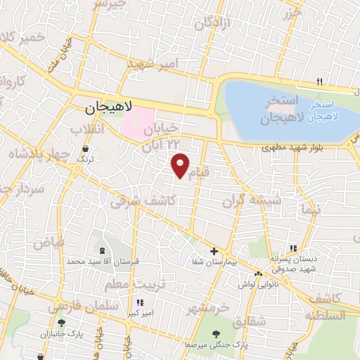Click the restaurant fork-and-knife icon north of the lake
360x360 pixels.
(x=320, y=82)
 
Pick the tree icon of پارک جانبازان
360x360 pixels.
(x=61, y=324)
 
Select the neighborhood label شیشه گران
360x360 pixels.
(x=252, y=200)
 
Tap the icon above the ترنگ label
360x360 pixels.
(x=85, y=149)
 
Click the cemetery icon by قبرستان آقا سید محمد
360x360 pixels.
(x=103, y=251)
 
